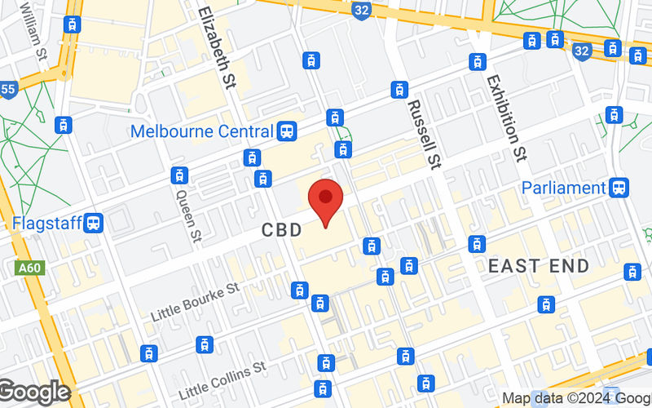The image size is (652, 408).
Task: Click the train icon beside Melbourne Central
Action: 286,131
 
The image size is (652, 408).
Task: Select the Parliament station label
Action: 564,188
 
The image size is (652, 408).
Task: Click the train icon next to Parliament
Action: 619,188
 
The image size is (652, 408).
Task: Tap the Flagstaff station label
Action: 46,223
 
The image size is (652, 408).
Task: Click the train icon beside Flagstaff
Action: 95,223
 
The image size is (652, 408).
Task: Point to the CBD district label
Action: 282,231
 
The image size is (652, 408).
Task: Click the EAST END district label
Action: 539,266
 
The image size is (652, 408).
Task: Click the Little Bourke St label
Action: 195,303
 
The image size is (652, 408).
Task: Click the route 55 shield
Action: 7,89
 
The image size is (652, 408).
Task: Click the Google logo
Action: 34,392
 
